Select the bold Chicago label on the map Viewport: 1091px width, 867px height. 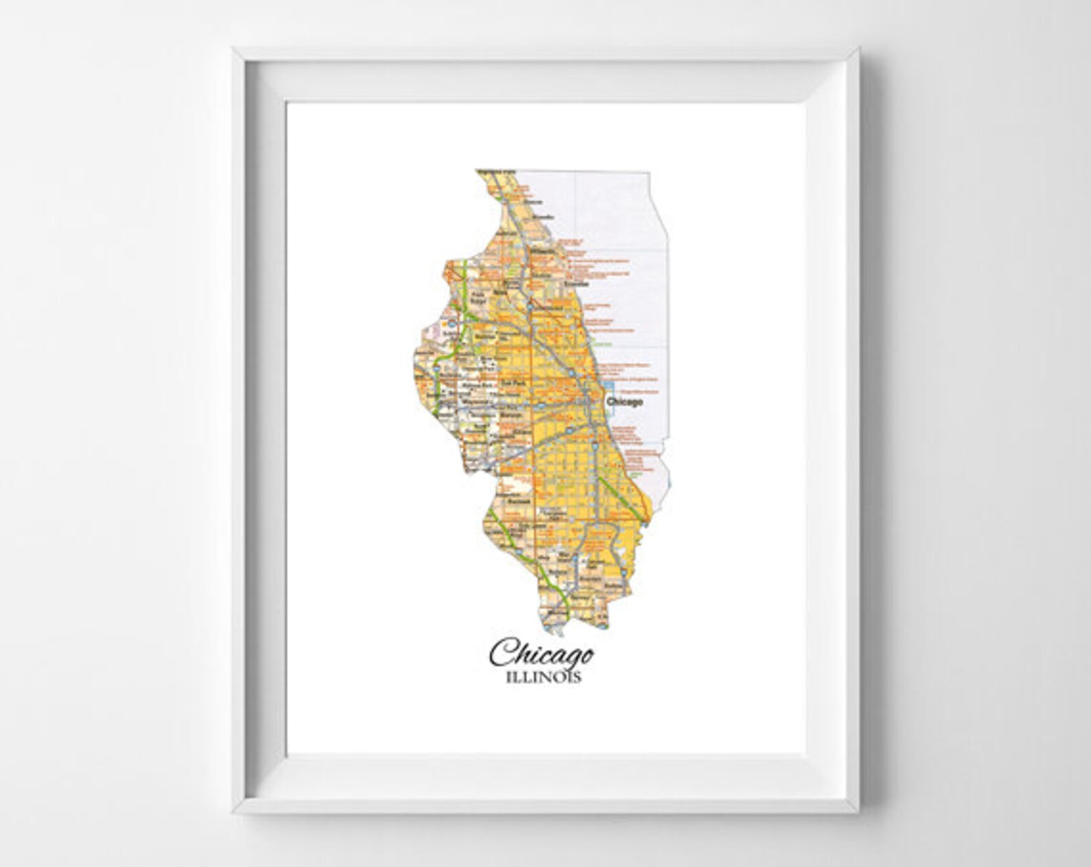(x=625, y=402)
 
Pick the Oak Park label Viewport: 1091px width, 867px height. (x=510, y=386)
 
